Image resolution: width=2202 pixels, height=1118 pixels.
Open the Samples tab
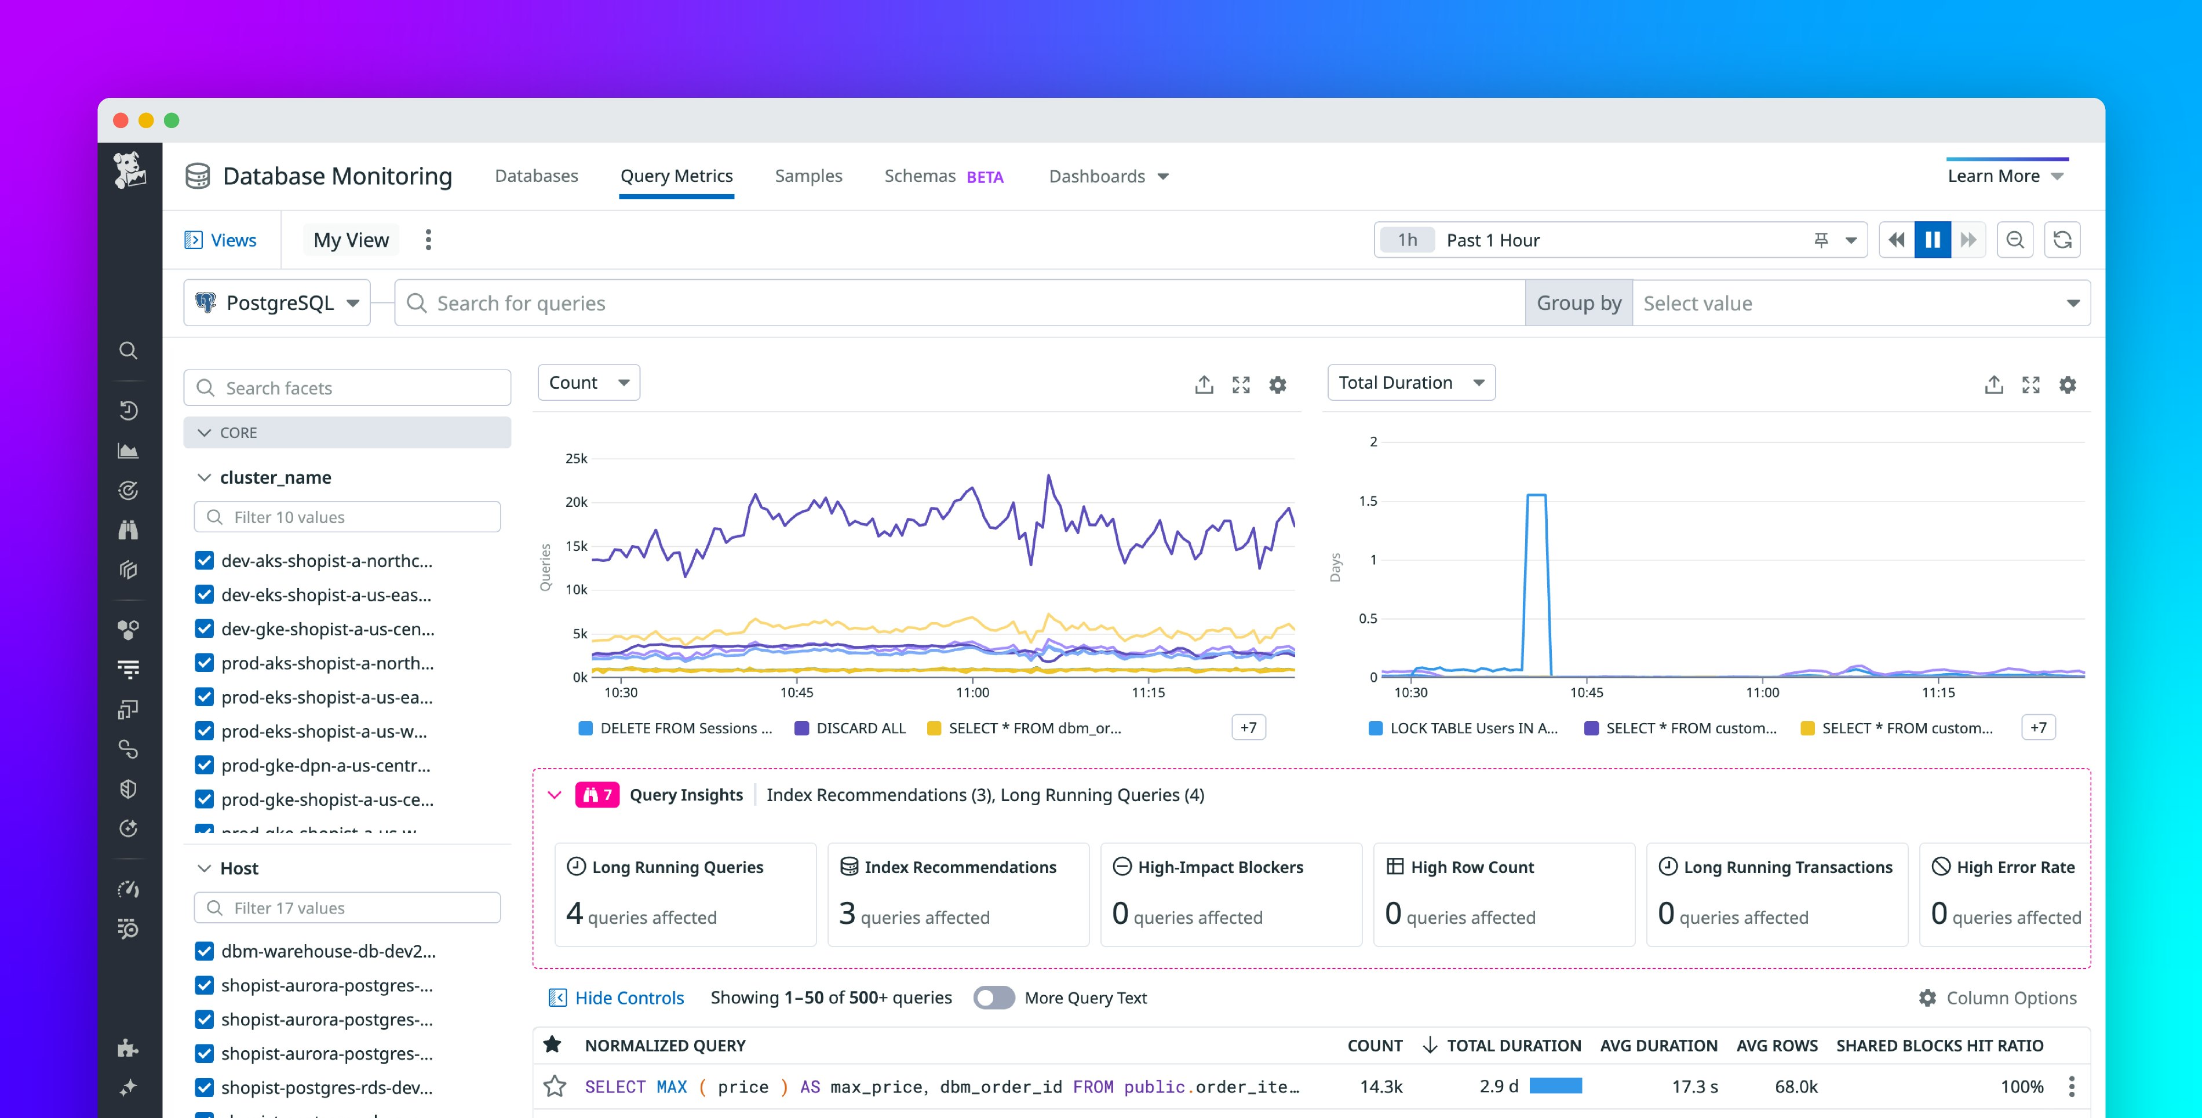pyautogui.click(x=808, y=176)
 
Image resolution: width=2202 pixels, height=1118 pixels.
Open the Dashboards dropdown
pyautogui.click(x=1108, y=176)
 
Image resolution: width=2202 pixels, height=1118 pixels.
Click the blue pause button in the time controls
pyautogui.click(x=1932, y=240)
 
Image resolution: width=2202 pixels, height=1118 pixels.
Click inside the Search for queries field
pyautogui.click(x=957, y=304)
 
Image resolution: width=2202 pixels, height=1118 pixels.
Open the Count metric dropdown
pyautogui.click(x=588, y=383)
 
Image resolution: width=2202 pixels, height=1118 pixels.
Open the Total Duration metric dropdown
pyautogui.click(x=1410, y=383)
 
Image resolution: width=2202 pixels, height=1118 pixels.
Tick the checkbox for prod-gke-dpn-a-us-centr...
pyautogui.click(x=205, y=765)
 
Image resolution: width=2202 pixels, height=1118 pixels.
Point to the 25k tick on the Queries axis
pyautogui.click(x=576, y=459)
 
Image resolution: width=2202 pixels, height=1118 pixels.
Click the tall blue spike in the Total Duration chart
pyautogui.click(x=1536, y=547)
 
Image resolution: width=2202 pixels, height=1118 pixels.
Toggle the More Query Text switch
pyautogui.click(x=993, y=998)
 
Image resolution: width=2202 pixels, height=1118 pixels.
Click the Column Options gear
pyautogui.click(x=1927, y=998)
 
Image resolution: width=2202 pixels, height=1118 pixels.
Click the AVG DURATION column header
pyautogui.click(x=1658, y=1046)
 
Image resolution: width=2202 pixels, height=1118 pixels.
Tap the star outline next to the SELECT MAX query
pyautogui.click(x=555, y=1086)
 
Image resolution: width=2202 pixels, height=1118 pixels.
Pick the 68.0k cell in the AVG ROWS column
pyautogui.click(x=1796, y=1086)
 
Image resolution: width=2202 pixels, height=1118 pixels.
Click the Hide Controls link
pyautogui.click(x=628, y=998)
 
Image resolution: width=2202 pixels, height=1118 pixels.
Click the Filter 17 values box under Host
pyautogui.click(x=347, y=908)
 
